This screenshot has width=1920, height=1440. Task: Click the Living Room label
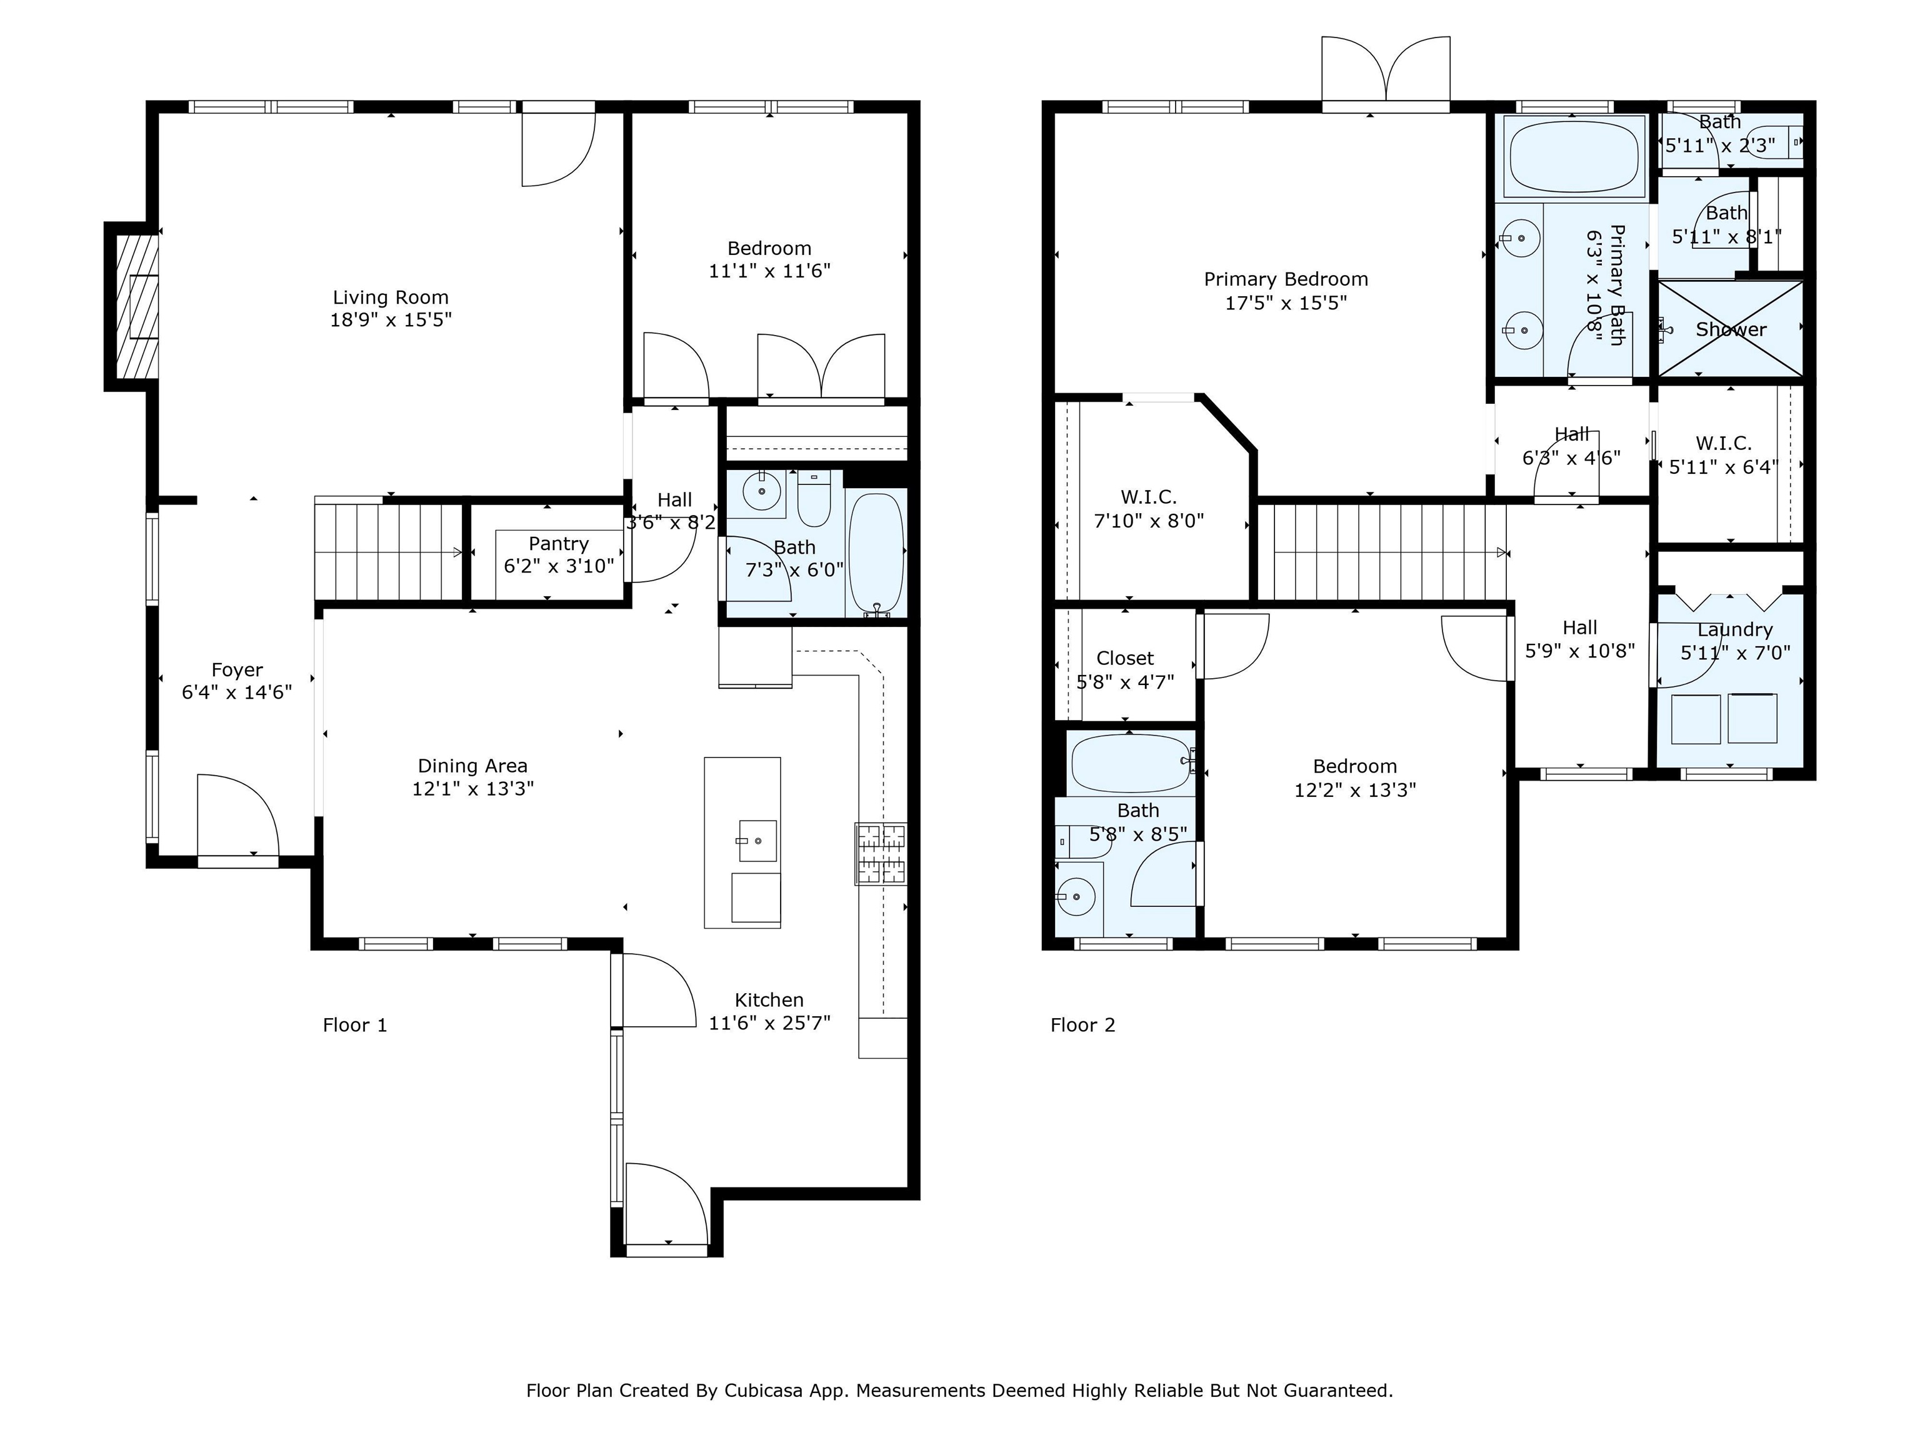click(x=391, y=297)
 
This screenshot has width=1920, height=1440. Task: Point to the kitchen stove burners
click(x=881, y=853)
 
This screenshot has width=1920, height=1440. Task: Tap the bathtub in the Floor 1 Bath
click(x=876, y=553)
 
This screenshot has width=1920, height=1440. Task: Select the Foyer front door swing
click(x=236, y=816)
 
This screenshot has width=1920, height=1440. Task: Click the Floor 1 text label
click(x=354, y=1025)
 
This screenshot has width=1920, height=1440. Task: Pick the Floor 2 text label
click(x=1082, y=1025)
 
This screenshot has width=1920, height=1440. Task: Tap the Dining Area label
click(x=472, y=766)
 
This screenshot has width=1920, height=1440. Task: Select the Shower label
click(x=1731, y=330)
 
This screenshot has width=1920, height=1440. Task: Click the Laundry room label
click(x=1734, y=630)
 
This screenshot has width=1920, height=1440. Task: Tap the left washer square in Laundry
click(x=1695, y=719)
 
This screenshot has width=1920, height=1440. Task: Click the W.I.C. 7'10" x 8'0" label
click(x=1148, y=509)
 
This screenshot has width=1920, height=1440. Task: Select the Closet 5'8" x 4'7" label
click(x=1125, y=670)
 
